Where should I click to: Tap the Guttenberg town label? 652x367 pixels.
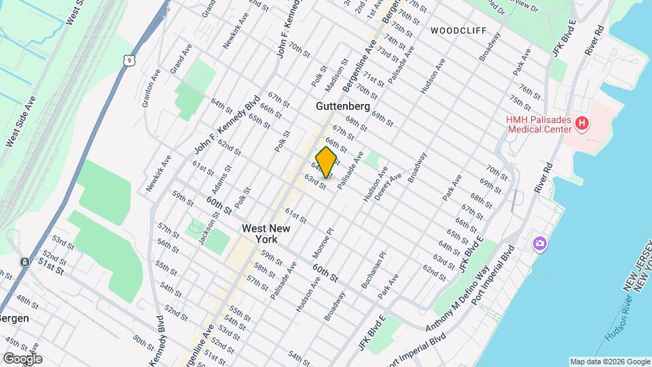[342, 107]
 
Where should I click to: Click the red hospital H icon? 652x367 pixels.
[581, 123]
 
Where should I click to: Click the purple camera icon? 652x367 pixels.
[540, 243]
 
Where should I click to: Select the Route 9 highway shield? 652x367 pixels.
[128, 61]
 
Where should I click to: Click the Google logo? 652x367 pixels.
[22, 358]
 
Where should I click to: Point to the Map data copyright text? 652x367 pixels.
[610, 362]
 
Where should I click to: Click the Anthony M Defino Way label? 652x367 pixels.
[458, 299]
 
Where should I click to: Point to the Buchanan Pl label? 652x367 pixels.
[373, 270]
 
